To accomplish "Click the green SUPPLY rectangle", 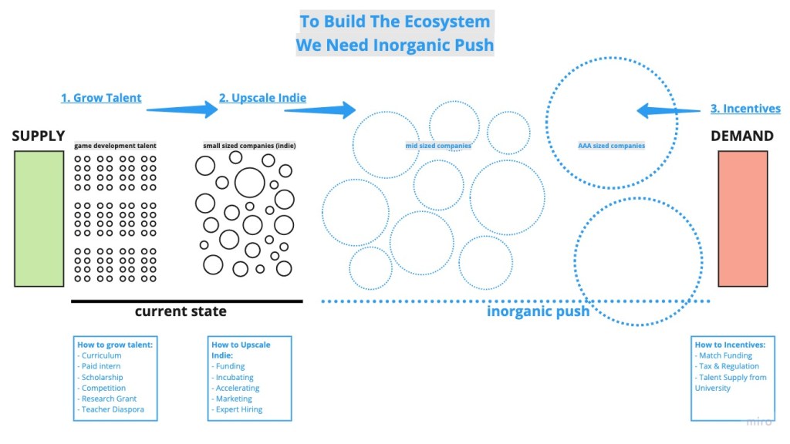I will pyautogui.click(x=39, y=218).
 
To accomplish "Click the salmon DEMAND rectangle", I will pyautogui.click(x=742, y=218).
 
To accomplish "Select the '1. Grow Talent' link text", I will pyautogui.click(x=101, y=98).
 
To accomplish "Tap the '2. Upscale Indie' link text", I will pyautogui.click(x=262, y=98).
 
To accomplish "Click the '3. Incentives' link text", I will pyautogui.click(x=745, y=109).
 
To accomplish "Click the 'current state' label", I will pyautogui.click(x=181, y=311).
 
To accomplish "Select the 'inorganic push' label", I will pyautogui.click(x=538, y=311).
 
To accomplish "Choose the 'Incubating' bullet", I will pyautogui.click(x=235, y=377).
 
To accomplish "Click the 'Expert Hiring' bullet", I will pyautogui.click(x=239, y=409).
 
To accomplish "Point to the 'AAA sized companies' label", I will pyautogui.click(x=611, y=146).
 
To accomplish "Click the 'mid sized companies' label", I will pyautogui.click(x=438, y=146).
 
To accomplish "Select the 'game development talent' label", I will pyautogui.click(x=115, y=146).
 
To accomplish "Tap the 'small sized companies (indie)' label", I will pyautogui.click(x=249, y=146).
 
